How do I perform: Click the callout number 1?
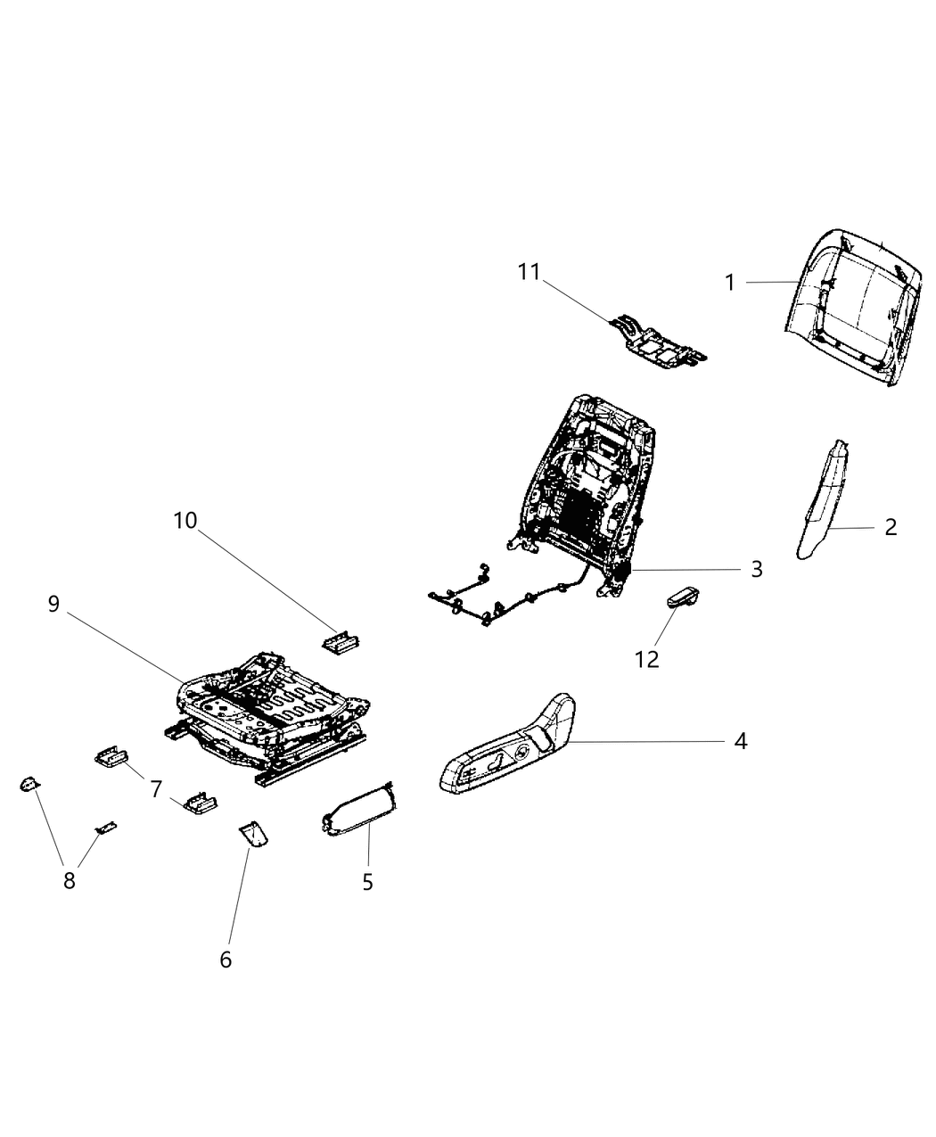click(730, 283)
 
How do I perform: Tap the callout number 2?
click(891, 527)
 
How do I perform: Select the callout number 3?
click(757, 569)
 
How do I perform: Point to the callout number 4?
click(740, 741)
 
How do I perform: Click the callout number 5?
click(367, 882)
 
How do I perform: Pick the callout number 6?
click(226, 960)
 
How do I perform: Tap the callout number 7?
click(156, 788)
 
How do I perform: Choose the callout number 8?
click(69, 880)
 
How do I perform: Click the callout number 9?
click(53, 604)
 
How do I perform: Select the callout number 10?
click(185, 521)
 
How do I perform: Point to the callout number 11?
click(530, 271)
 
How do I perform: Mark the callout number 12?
click(646, 659)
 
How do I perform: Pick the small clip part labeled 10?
click(341, 642)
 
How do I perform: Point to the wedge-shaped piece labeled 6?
click(254, 835)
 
